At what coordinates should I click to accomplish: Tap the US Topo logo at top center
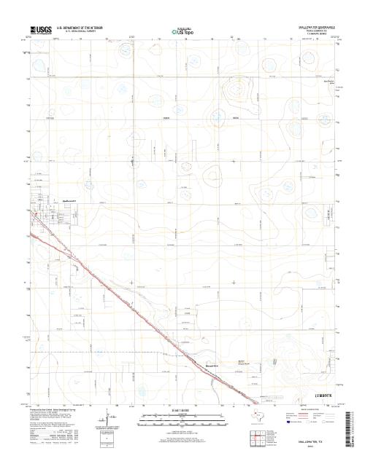[182, 31]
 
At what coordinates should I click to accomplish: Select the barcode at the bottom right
[355, 422]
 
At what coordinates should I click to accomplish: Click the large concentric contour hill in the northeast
[236, 93]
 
